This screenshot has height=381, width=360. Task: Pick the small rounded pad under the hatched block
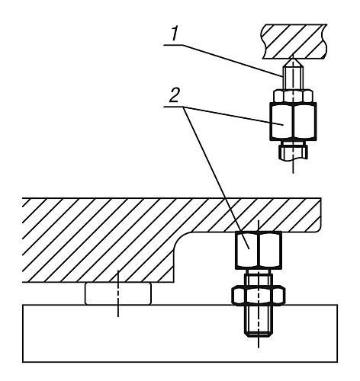[119, 293]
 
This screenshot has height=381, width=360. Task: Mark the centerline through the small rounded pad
[119, 305]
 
